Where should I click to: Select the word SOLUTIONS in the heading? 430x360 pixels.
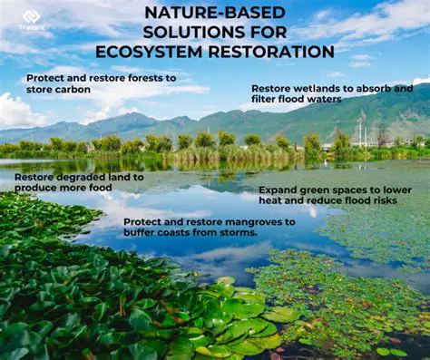click(175, 33)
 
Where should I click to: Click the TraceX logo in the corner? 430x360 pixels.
click(32, 20)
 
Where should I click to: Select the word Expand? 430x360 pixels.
click(278, 190)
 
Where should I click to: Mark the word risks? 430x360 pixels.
click(382, 200)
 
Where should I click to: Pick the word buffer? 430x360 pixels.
click(141, 232)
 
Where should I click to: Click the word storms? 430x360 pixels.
click(238, 232)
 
